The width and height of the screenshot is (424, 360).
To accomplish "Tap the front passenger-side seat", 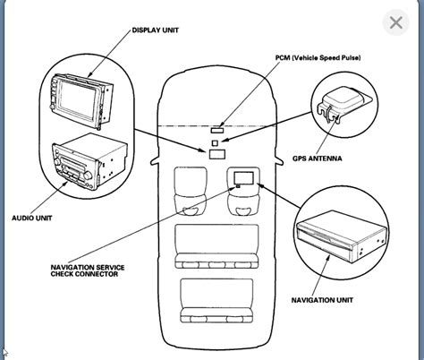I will [x=242, y=191].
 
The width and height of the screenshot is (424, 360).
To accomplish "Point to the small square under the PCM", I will [x=215, y=140].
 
